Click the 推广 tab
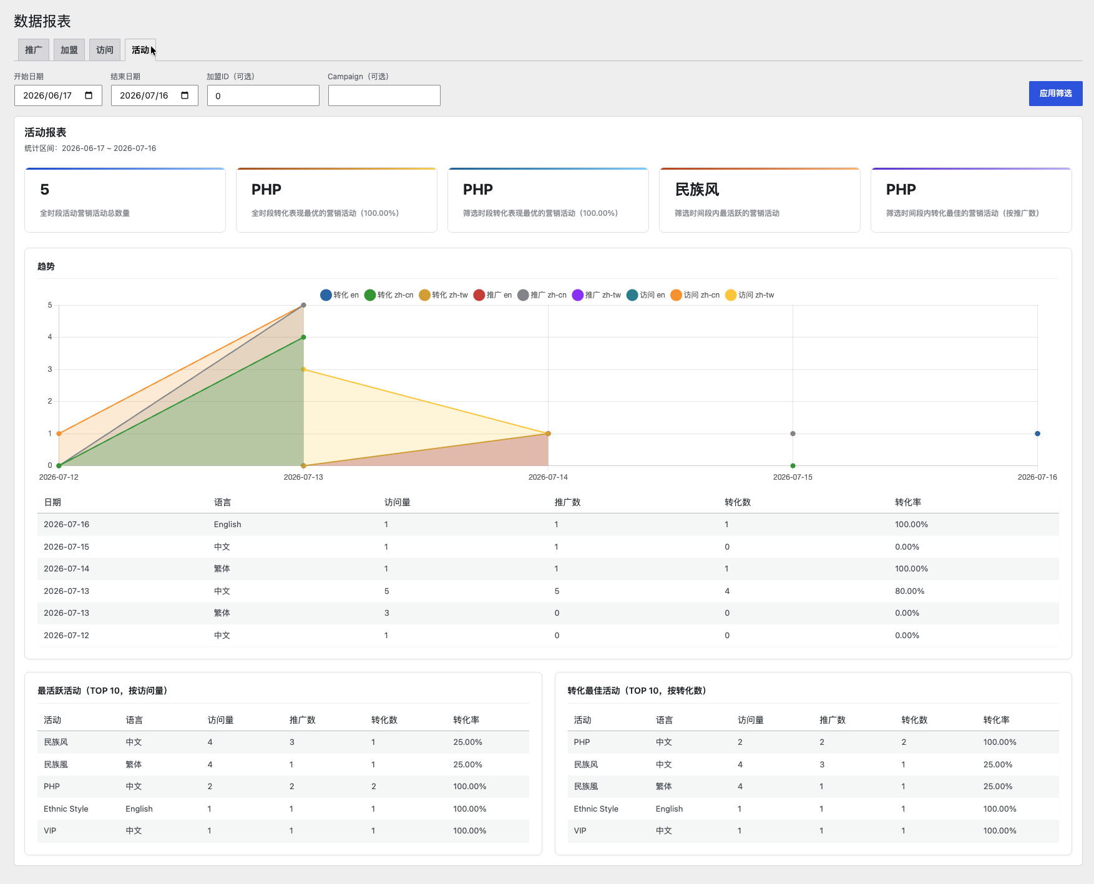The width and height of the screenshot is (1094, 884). pos(34,50)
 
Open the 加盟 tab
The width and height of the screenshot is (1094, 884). pos(69,50)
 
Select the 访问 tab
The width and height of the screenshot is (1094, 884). pos(105,50)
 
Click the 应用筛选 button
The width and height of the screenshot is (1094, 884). pos(1055,94)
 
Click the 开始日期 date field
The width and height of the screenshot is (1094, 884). pos(58,95)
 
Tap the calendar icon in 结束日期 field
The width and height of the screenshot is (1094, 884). pos(185,95)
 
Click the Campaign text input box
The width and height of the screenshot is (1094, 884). pos(384,95)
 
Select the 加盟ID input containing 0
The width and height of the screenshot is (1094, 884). pos(263,95)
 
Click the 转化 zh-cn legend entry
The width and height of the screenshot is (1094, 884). pos(389,295)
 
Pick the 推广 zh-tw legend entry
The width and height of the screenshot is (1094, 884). pos(597,295)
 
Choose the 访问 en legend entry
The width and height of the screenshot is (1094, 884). pos(646,295)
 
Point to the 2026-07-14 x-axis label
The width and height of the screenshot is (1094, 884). pos(548,477)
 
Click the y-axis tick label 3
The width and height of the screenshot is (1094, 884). pos(50,369)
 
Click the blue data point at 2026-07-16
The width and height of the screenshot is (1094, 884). pos(1037,434)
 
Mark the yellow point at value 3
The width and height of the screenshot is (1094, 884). pos(303,369)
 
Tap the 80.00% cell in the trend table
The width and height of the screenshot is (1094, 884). pos(909,591)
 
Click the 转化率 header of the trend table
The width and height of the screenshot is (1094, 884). pos(908,502)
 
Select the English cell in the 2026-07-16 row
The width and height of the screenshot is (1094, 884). pos(227,525)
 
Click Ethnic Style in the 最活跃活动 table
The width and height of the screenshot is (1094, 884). pos(66,809)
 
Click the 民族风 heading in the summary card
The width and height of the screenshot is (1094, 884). pos(697,190)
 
